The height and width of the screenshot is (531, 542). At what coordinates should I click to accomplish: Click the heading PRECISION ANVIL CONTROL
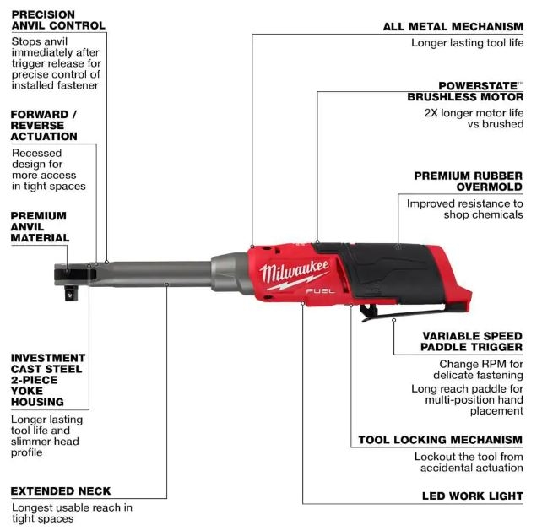[58, 20]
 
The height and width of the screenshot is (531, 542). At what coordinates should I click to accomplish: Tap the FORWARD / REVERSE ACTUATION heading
[44, 125]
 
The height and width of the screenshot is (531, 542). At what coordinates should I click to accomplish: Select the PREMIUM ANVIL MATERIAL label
[40, 227]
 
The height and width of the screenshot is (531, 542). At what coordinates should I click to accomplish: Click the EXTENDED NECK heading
[61, 490]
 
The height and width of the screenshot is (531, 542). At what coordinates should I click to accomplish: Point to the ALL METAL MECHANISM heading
[453, 27]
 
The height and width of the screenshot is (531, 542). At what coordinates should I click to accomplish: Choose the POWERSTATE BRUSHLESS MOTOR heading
[465, 91]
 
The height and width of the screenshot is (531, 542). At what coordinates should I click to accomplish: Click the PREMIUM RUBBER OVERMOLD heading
[469, 182]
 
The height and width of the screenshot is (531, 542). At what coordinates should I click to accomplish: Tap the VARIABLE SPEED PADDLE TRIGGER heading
[471, 341]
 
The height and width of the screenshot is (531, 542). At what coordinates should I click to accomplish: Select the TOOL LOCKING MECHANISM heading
[441, 440]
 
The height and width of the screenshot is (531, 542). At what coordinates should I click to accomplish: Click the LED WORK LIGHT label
[473, 496]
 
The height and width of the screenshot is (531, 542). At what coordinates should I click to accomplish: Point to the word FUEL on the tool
[321, 290]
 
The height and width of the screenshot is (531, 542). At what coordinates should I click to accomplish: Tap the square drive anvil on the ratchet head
[72, 293]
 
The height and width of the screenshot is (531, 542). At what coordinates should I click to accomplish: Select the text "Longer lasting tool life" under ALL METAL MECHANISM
[467, 43]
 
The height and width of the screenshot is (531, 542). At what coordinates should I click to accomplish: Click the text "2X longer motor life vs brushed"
[474, 118]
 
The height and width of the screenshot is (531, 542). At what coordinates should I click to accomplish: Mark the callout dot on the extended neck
[166, 284]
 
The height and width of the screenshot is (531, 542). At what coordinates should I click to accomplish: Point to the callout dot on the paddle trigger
[393, 320]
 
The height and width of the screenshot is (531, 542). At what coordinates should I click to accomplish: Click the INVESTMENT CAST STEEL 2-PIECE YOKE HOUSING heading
[48, 380]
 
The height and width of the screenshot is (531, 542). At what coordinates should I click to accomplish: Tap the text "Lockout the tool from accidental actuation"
[469, 462]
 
